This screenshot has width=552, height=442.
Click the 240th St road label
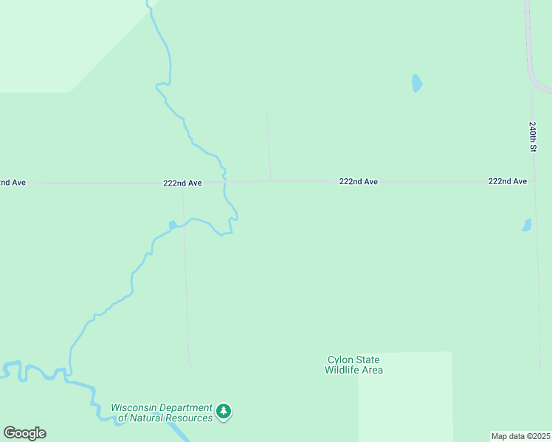coord(532,137)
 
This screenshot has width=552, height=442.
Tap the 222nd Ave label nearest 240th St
coord(508,180)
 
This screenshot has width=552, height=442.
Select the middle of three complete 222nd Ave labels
coord(359,181)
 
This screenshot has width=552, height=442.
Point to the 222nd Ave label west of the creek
coord(183,183)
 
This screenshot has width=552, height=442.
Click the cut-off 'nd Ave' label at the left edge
coord(13,182)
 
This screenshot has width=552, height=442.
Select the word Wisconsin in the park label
coord(138,408)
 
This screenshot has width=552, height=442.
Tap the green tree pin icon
coord(224,411)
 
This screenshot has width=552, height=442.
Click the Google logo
coord(24,433)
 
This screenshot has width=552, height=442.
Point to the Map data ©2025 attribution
coord(521,436)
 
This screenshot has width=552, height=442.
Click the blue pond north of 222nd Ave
coord(417,83)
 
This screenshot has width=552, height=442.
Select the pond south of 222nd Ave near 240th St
coord(527,225)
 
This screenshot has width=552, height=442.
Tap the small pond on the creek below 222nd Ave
coord(173,225)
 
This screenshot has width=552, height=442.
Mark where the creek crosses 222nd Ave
coord(224,181)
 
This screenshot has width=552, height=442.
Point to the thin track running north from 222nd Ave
coord(269,144)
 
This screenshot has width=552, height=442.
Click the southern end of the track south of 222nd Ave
coord(190,362)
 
